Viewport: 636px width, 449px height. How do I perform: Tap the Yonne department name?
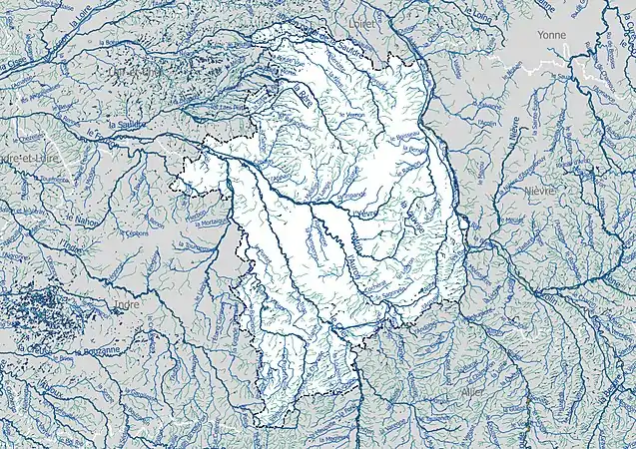[x=550, y=34]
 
